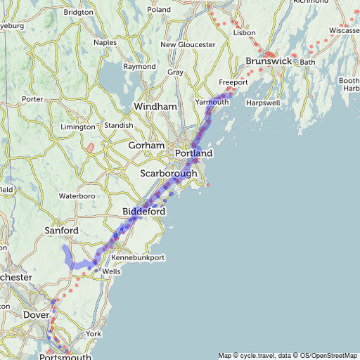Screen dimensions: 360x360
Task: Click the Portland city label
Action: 193,153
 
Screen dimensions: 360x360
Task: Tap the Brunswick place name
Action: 269,61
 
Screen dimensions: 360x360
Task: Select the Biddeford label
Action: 143,212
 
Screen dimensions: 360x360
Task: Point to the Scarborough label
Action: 169,174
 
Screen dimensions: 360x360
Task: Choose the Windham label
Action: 155,106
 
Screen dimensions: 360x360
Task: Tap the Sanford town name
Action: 60,230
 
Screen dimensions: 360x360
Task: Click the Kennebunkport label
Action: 138,258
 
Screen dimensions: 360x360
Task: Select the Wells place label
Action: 111,271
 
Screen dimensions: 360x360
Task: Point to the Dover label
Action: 36,315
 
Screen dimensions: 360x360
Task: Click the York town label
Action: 93,333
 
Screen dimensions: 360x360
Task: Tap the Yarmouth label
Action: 212,102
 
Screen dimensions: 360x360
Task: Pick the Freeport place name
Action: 233,82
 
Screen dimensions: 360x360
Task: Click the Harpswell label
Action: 264,103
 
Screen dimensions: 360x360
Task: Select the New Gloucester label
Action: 188,44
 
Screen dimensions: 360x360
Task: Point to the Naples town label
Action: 105,42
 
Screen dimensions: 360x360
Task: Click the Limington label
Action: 77,127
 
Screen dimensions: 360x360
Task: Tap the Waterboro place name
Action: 76,195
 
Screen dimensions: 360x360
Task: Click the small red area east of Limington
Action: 90,148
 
